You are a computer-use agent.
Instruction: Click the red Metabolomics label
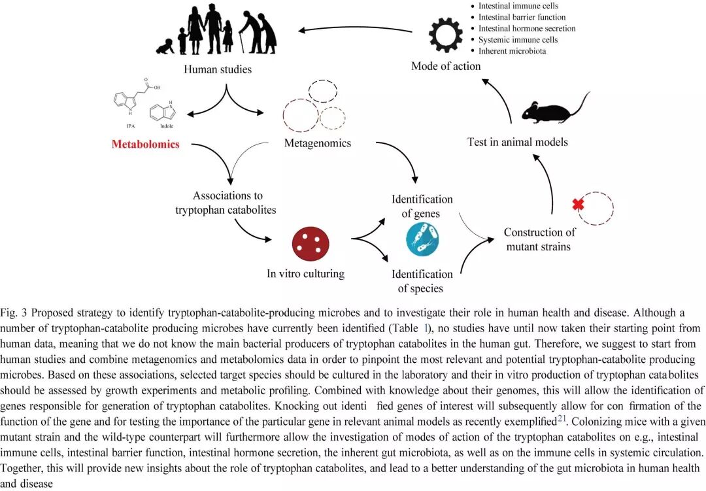(x=145, y=144)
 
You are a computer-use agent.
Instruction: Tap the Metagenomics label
(x=317, y=143)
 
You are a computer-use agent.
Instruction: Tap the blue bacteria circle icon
(x=422, y=239)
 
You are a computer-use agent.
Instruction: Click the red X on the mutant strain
(x=578, y=205)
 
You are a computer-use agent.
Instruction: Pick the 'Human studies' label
(x=218, y=69)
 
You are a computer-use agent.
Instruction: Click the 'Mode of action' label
(x=446, y=66)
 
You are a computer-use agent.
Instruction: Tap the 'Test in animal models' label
(x=517, y=142)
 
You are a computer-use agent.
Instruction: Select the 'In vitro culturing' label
(x=305, y=274)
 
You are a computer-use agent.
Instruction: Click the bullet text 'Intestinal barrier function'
(x=522, y=17)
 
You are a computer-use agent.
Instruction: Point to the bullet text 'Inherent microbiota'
(x=512, y=51)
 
